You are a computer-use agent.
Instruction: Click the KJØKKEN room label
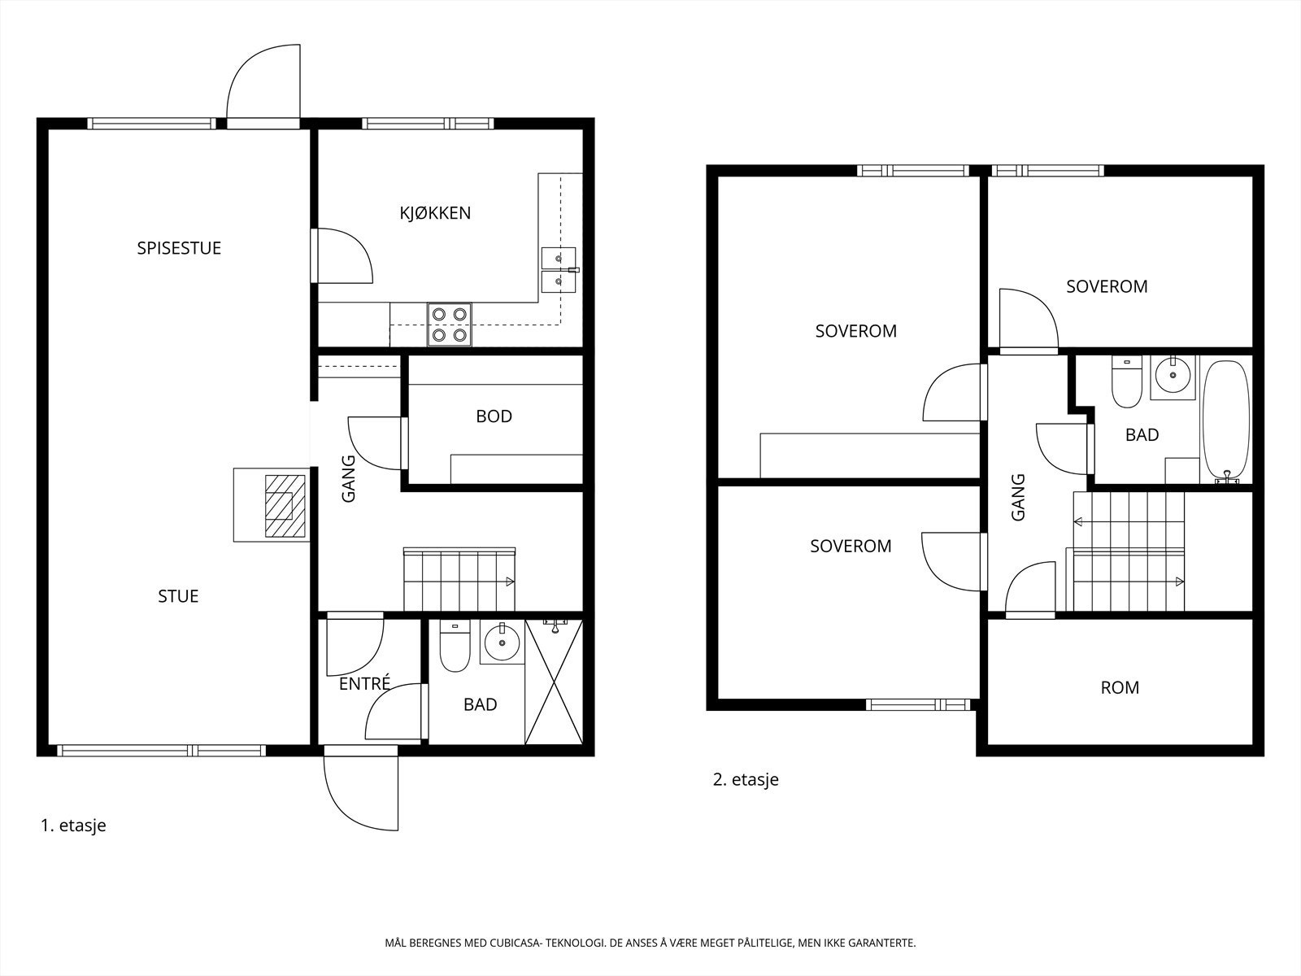pyautogui.click(x=435, y=213)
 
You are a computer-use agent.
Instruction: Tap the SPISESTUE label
pyautogui.click(x=179, y=248)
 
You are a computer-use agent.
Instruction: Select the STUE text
pyautogui.click(x=178, y=596)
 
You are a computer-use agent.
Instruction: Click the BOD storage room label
pyautogui.click(x=494, y=416)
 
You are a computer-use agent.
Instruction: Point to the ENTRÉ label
pyautogui.click(x=364, y=683)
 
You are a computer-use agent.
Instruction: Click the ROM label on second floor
pyautogui.click(x=1120, y=687)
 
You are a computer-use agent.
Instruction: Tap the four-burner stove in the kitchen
pyautogui.click(x=450, y=325)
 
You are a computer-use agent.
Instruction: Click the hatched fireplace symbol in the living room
pyautogui.click(x=285, y=505)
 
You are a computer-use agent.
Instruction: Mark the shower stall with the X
pyautogui.click(x=554, y=682)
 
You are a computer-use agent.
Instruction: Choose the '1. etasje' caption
pyautogui.click(x=73, y=826)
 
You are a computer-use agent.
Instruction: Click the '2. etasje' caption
pyautogui.click(x=746, y=779)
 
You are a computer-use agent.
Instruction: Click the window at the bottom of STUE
pyautogui.click(x=162, y=751)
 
